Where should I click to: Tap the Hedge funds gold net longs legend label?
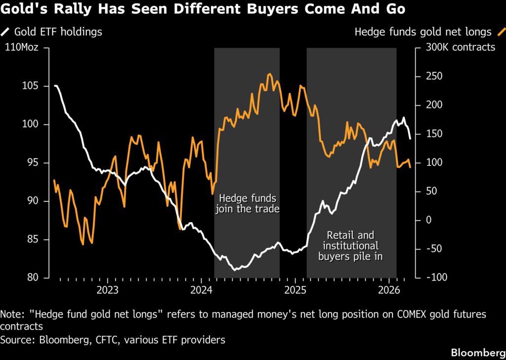[423, 32]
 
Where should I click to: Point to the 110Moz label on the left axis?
[22, 47]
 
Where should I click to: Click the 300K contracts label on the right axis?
[458, 47]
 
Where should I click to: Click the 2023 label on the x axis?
[107, 289]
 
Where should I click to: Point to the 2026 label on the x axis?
[388, 289]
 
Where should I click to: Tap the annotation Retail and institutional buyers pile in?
[351, 246]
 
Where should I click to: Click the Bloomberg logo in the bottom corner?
[475, 352]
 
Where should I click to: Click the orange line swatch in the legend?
[501, 32]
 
